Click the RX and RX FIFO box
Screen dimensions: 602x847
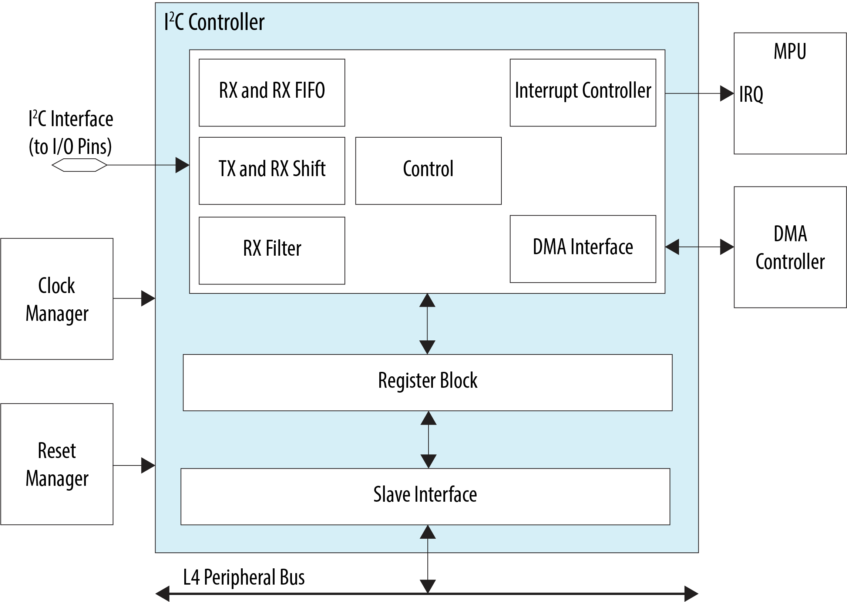tap(272, 93)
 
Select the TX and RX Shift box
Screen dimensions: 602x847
tap(272, 171)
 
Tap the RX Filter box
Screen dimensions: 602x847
tap(272, 250)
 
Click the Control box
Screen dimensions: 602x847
tap(428, 171)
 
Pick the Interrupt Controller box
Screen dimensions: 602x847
tap(583, 93)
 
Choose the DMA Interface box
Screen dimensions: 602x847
tap(583, 249)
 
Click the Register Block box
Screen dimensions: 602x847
tap(427, 382)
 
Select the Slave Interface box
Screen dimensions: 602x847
tap(425, 496)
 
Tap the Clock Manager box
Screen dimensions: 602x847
tap(57, 299)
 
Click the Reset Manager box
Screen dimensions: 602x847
tap(57, 464)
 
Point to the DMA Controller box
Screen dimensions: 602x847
tap(790, 247)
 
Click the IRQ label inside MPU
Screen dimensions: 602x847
tap(751, 94)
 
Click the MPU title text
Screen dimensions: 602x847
tap(790, 51)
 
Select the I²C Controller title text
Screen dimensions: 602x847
tap(214, 22)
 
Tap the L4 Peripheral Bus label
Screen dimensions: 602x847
tap(244, 577)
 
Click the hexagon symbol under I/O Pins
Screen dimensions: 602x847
tap(79, 165)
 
